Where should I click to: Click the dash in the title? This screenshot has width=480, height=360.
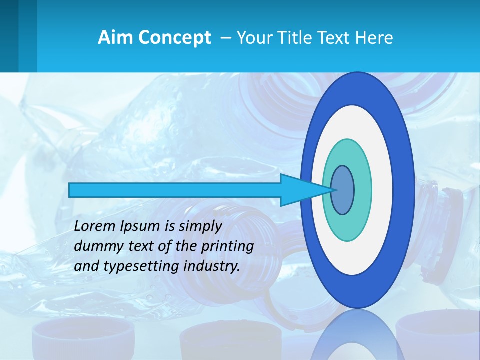[225, 37]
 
